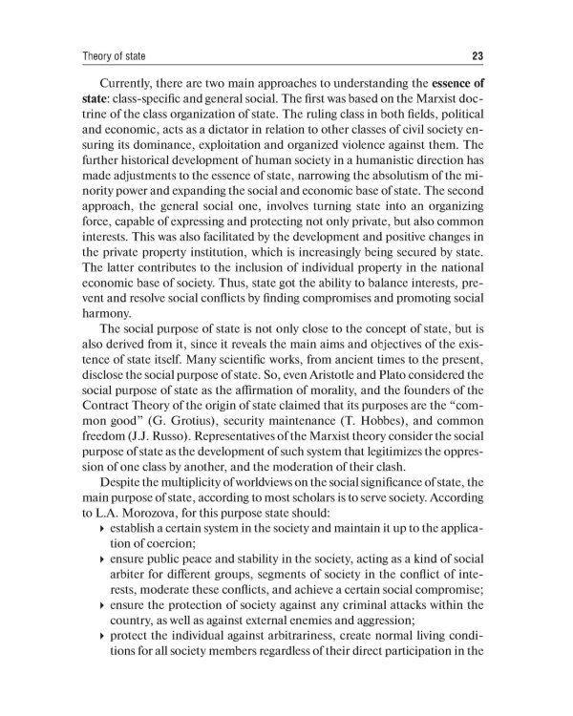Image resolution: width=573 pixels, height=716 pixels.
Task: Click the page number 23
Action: tap(478, 54)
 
